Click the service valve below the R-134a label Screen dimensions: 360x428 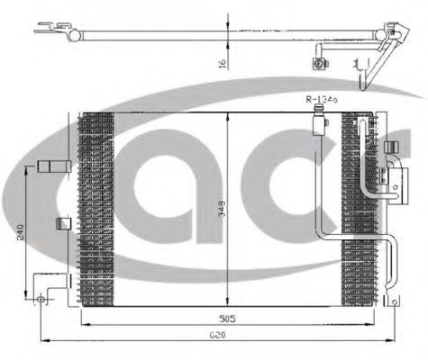click(x=319, y=121)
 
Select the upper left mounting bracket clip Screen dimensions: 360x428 click(x=52, y=166)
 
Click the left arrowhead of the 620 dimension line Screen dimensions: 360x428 click(x=49, y=341)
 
